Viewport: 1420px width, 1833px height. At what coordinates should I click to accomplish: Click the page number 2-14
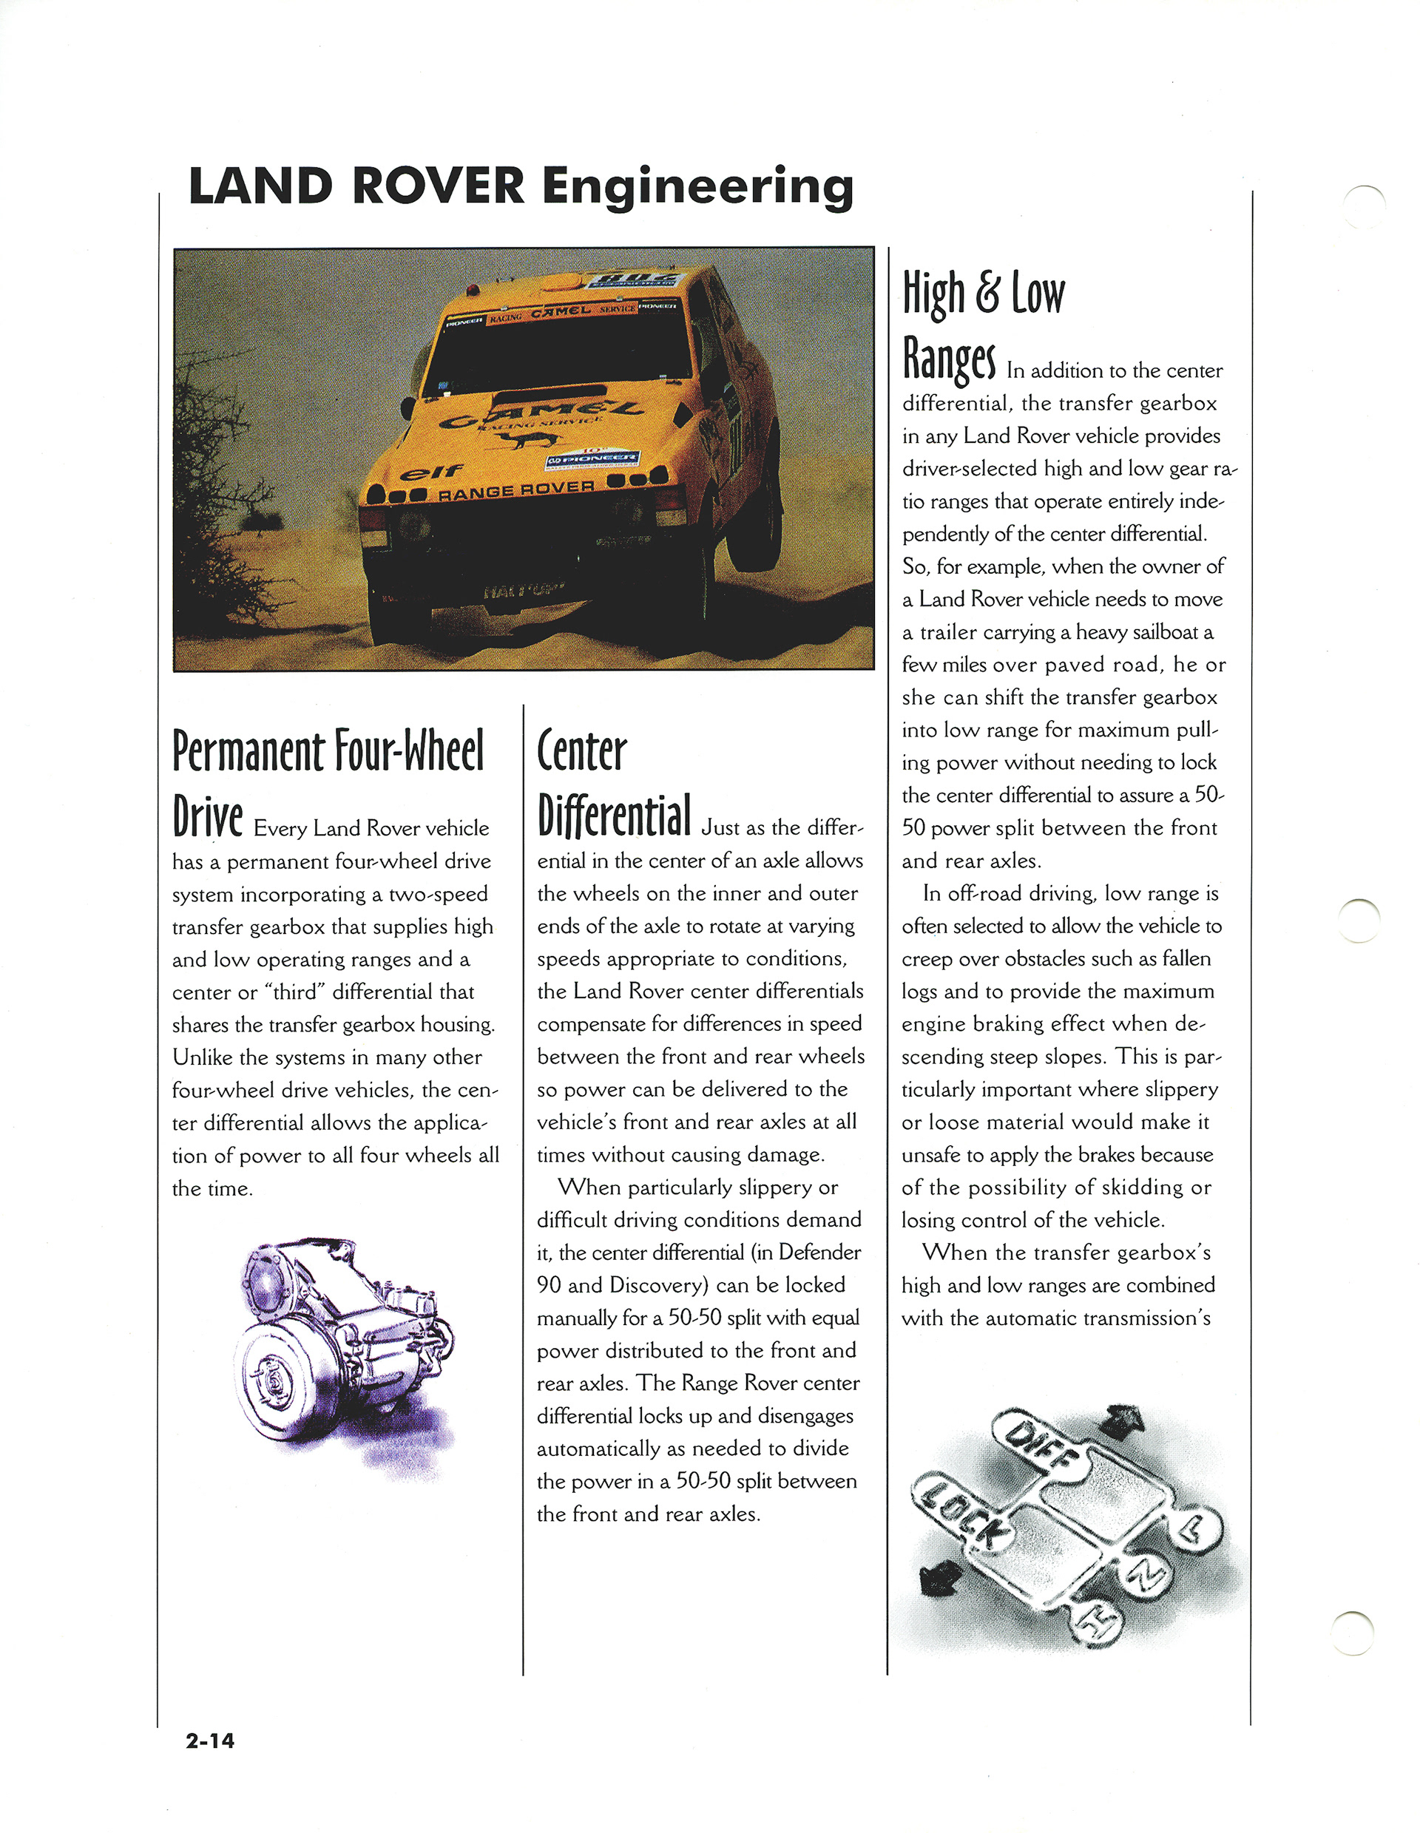pyautogui.click(x=210, y=1740)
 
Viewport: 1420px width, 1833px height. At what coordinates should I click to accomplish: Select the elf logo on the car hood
pyautogui.click(x=430, y=472)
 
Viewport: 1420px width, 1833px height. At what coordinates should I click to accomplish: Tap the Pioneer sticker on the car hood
pyautogui.click(x=593, y=459)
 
